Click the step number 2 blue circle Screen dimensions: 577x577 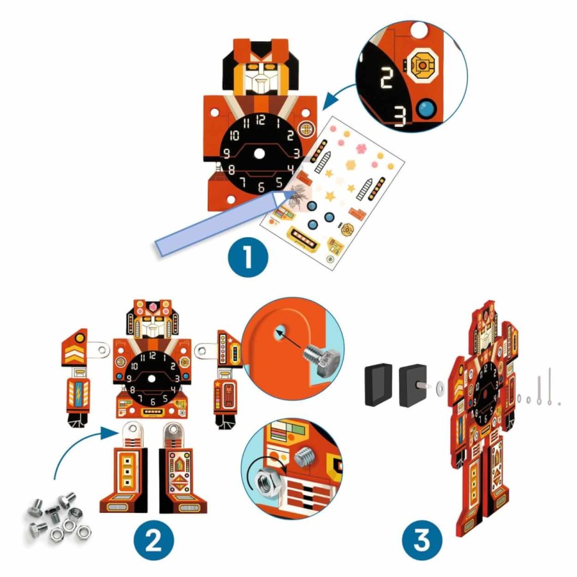pos(154,542)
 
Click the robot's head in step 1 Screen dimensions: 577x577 pos(260,71)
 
